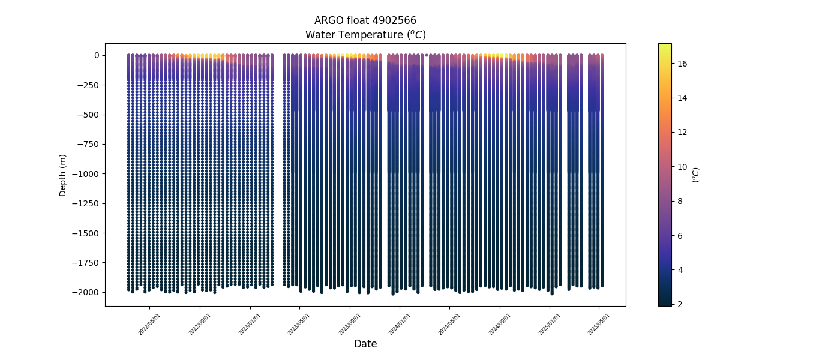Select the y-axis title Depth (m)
coord(63,175)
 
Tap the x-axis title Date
coord(365,344)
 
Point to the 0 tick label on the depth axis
coord(96,55)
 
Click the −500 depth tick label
coord(88,115)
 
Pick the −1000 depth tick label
coord(86,174)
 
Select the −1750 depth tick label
coord(86,263)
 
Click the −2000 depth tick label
coord(86,292)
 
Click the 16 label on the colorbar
coord(682,64)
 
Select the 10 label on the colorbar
coord(682,167)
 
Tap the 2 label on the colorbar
coord(680,304)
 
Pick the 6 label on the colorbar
coord(680,236)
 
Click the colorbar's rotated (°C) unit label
coord(696,175)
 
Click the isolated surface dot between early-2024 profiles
coord(427,55)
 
